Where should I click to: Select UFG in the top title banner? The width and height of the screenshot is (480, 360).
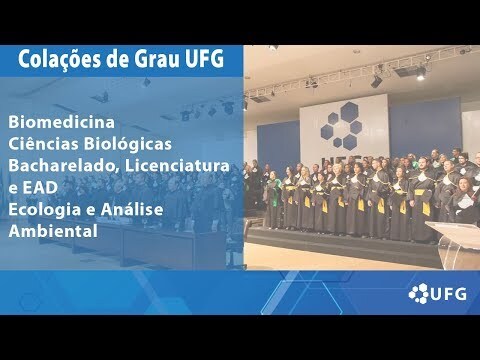coord(204,59)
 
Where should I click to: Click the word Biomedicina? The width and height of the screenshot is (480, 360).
coord(61,122)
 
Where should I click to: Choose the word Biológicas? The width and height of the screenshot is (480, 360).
coord(128,144)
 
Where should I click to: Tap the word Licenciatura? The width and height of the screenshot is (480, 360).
coord(177,166)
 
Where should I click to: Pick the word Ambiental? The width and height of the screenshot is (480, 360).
coord(53,231)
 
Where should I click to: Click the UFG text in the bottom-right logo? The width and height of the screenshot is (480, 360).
coord(448,294)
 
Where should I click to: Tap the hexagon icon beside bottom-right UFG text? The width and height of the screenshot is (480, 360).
coord(419,293)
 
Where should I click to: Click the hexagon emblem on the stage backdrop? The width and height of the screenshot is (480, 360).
coord(341,125)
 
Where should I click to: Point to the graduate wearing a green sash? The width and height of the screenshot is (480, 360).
coord(273,199)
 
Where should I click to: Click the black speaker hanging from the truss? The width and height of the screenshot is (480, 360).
coord(376,81)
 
